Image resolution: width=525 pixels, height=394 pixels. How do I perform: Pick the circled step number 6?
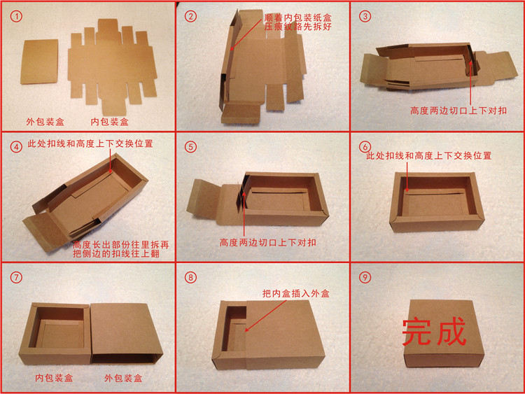[365, 147]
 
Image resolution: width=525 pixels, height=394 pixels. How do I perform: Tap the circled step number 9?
[365, 277]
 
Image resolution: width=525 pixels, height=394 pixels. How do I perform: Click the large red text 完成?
[434, 332]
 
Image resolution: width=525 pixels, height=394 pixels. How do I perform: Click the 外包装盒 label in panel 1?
[43, 121]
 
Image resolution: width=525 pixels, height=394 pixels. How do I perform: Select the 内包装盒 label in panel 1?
[109, 121]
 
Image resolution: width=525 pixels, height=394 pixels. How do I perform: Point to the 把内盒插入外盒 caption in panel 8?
[295, 293]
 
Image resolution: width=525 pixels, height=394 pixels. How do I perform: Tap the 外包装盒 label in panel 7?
[123, 378]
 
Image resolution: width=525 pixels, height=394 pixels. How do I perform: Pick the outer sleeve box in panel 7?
[126, 332]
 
